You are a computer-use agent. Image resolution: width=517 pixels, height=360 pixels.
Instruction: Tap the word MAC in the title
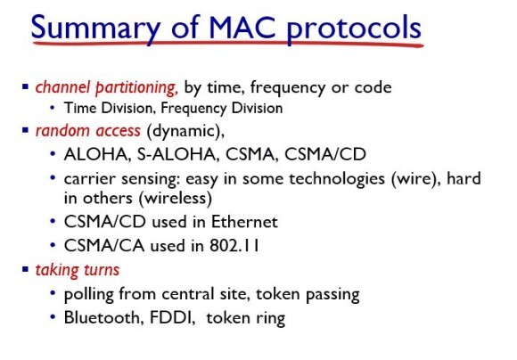click(242, 27)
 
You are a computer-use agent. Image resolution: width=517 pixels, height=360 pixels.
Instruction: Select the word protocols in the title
click(354, 29)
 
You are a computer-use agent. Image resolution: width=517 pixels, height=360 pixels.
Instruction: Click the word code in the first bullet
click(373, 87)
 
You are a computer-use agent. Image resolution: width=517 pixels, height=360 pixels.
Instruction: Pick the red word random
click(62, 131)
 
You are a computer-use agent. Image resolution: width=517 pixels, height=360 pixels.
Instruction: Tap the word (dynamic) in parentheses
click(184, 131)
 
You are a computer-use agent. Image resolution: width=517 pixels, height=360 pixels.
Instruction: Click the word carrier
click(90, 179)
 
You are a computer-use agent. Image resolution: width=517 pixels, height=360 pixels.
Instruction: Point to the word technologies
click(337, 179)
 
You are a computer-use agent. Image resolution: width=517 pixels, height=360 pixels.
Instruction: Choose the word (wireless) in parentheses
click(175, 198)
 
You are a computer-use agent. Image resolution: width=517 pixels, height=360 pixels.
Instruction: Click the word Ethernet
click(244, 222)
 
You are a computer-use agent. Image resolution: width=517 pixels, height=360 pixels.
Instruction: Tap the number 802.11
click(234, 246)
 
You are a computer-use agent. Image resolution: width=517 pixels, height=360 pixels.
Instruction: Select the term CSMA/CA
click(104, 246)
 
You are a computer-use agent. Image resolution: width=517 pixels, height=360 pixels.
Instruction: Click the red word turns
click(102, 270)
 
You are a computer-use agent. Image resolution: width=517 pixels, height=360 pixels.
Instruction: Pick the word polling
click(89, 294)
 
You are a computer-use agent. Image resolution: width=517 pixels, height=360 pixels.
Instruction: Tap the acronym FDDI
click(170, 317)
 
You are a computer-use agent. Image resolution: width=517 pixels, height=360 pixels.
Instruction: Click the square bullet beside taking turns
click(25, 269)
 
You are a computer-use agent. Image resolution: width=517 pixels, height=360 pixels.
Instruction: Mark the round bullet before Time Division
click(53, 107)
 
